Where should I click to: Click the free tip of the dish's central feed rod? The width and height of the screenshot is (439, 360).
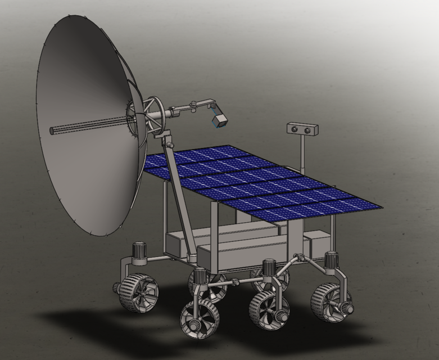coord(52,130)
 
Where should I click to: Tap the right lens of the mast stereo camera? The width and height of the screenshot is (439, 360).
coord(309,130)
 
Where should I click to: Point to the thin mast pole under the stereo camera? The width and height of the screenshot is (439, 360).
coord(302,152)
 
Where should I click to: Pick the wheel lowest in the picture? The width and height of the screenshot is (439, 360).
coord(200,318)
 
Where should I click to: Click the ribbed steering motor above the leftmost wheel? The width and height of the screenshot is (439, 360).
coord(138,251)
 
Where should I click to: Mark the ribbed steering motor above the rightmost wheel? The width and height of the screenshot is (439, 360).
coord(332,260)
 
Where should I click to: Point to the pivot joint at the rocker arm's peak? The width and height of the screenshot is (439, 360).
coord(301,258)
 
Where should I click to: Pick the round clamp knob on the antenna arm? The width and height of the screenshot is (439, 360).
coord(193,104)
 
